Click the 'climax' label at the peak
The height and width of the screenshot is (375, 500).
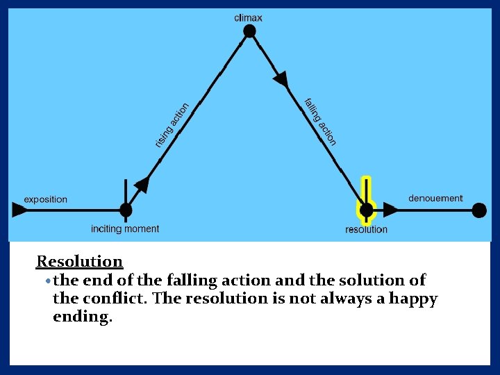[248, 17]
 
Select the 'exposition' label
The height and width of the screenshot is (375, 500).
[46, 199]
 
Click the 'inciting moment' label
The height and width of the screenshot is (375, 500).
[125, 228]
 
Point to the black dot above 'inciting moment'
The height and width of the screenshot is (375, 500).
[126, 209]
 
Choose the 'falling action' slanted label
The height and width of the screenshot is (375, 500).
[320, 122]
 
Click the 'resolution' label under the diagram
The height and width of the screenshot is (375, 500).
[366, 229]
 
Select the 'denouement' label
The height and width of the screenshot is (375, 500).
[435, 199]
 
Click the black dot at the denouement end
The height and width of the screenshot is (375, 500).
[479, 210]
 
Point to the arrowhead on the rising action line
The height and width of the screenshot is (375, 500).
[142, 185]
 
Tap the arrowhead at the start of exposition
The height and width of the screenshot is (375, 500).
[18, 210]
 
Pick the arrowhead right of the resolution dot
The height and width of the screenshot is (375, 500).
[391, 210]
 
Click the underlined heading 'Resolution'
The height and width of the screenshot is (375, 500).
[79, 262]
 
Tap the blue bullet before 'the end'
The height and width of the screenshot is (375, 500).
[47, 281]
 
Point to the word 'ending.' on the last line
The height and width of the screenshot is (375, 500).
[82, 317]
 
